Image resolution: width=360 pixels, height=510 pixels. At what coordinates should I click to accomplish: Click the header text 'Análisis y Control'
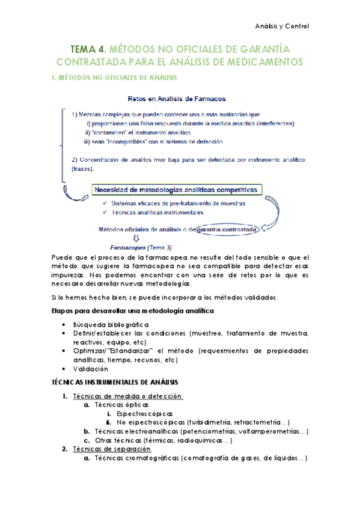(x=281, y=26)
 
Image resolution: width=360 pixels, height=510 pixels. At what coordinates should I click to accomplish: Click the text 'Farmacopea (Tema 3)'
(x=140, y=247)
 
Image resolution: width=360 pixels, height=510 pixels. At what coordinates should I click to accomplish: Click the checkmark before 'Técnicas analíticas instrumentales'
(x=106, y=212)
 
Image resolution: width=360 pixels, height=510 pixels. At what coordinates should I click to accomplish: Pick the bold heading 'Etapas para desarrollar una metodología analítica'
(x=130, y=310)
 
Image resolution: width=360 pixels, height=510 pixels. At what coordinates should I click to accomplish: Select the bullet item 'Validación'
(x=90, y=369)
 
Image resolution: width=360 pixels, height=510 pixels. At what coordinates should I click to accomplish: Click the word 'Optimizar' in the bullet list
(x=88, y=351)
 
